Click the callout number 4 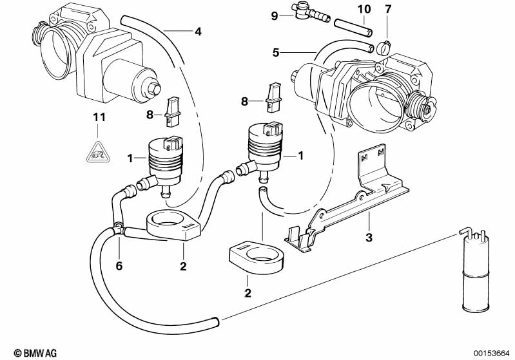198,31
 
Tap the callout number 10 364,9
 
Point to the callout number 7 387,9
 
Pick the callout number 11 97,117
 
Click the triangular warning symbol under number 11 97,151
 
